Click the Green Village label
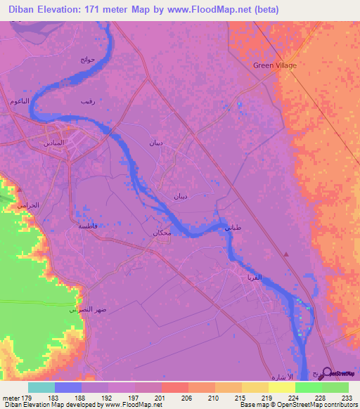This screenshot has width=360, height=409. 275,65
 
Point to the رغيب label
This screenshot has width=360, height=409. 87,103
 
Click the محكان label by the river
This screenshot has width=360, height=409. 162,233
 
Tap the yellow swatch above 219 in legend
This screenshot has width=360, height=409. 255,387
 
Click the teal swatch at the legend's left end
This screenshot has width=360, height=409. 41,387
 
